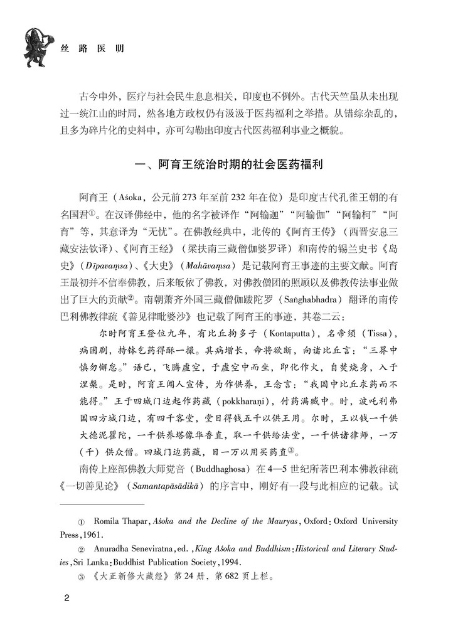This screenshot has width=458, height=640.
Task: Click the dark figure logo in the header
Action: tap(36, 45)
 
